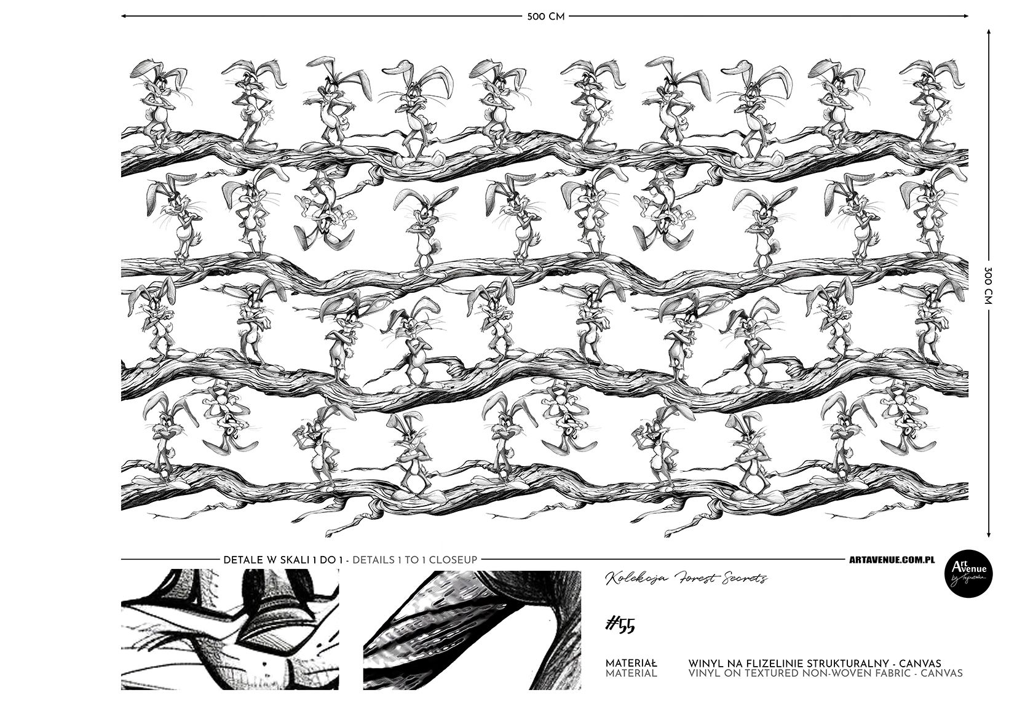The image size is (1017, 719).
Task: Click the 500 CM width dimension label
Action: pos(546,17)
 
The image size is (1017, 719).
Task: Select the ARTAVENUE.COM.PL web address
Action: pos(892,560)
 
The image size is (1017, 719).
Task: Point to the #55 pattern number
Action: pos(620,626)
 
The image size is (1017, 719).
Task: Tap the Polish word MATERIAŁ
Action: pos(631,664)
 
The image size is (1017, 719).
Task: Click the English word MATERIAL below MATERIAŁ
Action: pos(631,673)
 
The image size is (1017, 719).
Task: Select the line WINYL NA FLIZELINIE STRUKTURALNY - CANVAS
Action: pos(815,664)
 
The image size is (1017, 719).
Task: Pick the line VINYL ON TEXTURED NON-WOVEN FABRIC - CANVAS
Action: pos(825,673)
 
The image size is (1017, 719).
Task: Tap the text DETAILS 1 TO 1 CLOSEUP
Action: pos(414,560)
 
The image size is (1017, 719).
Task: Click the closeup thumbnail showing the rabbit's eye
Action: pos(230,630)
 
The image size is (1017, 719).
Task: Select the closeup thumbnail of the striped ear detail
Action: pos(472,630)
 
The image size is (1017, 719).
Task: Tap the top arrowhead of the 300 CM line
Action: pos(989,33)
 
